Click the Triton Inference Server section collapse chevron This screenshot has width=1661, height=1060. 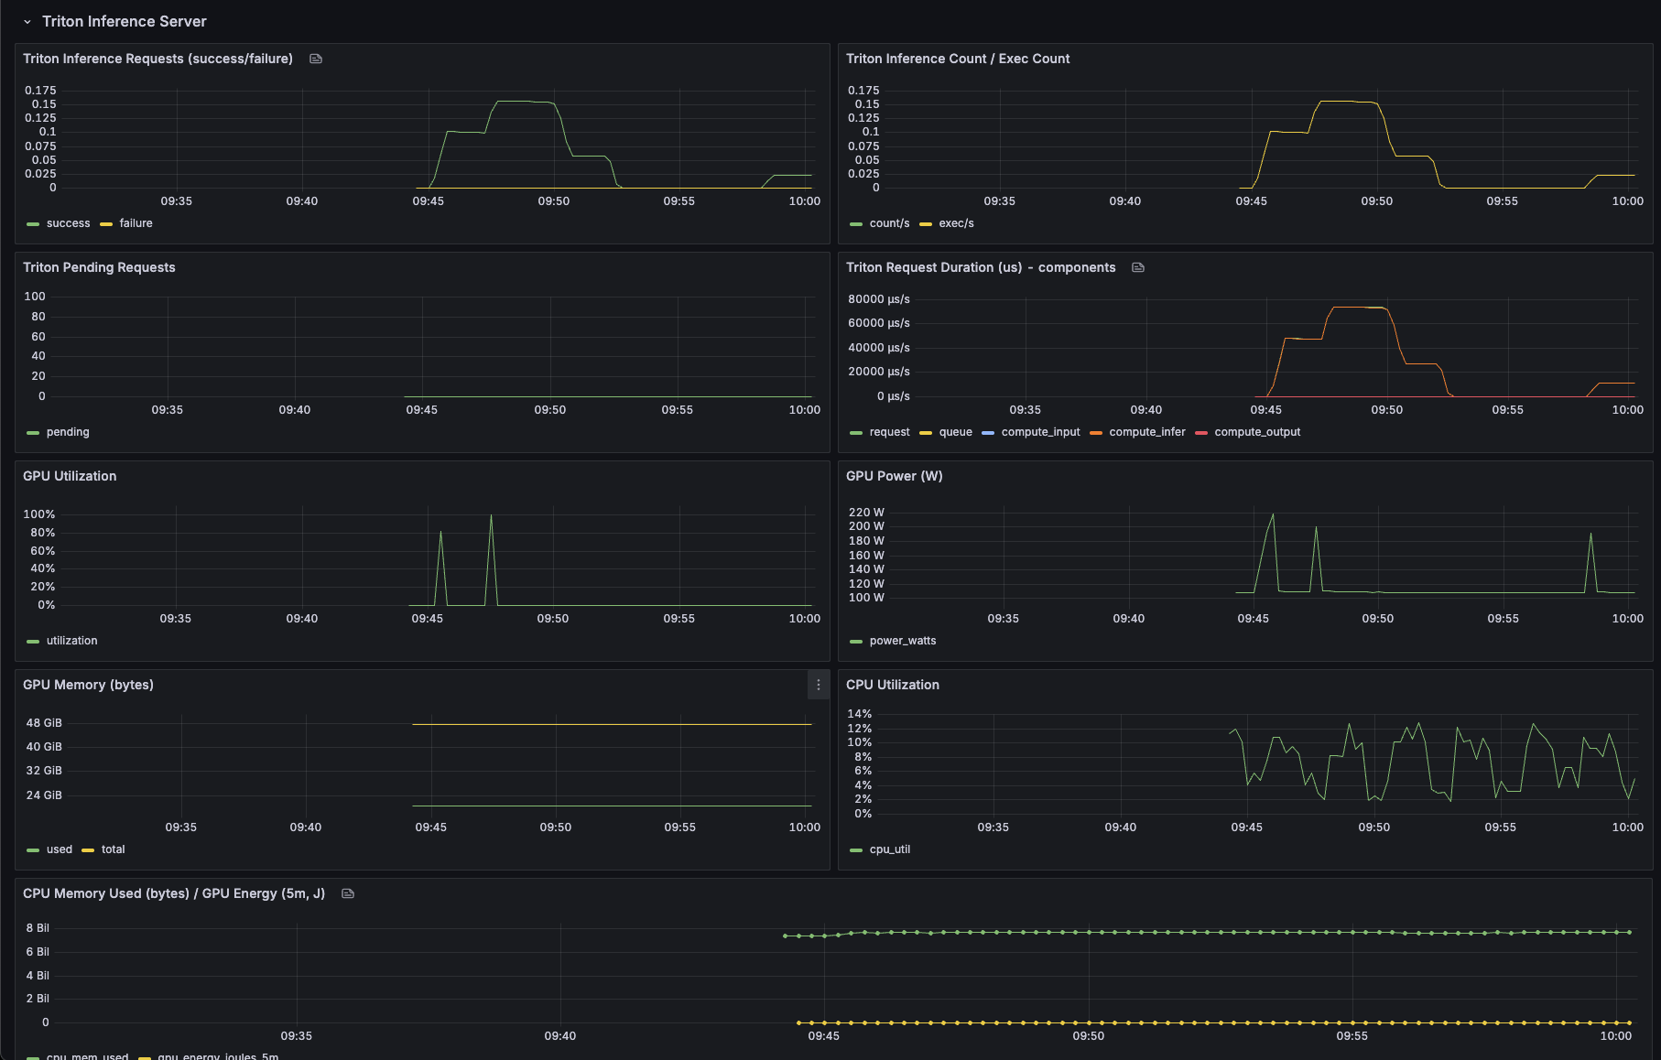(x=27, y=22)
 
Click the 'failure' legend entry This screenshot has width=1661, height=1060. (x=136, y=223)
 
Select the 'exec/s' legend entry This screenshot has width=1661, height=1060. (x=956, y=223)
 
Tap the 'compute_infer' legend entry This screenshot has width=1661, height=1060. (x=1146, y=432)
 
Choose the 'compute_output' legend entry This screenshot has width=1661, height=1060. (x=1256, y=432)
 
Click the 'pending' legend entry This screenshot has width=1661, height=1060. (x=68, y=432)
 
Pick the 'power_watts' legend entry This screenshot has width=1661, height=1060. (x=902, y=641)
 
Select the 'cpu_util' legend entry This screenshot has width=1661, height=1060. (x=889, y=849)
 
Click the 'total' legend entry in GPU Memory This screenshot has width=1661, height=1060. (x=113, y=849)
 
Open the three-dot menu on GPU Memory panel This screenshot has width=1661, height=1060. (x=819, y=685)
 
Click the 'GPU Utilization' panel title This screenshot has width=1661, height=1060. (x=70, y=476)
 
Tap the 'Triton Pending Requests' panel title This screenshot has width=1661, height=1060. (x=99, y=267)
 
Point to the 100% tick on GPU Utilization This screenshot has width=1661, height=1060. (x=39, y=514)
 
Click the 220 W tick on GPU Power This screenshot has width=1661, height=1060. (x=866, y=513)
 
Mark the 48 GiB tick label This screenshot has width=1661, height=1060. (x=44, y=723)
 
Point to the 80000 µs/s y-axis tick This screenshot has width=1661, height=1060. (x=878, y=299)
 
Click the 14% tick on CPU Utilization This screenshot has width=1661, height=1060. (x=859, y=714)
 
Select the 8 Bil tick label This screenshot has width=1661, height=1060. (x=38, y=928)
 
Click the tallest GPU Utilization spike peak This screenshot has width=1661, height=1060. (x=491, y=515)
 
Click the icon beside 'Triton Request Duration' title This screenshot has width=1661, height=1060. (x=1138, y=267)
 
